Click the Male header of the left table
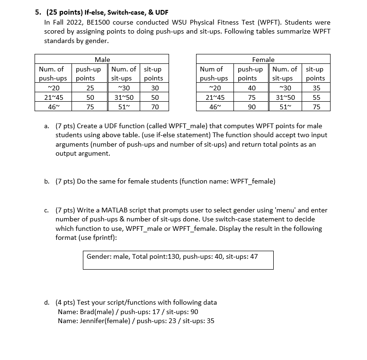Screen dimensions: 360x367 tap(102, 60)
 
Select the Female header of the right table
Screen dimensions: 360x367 tap(263, 60)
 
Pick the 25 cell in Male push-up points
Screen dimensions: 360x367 tap(90, 88)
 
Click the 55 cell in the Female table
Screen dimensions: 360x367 tap(316, 97)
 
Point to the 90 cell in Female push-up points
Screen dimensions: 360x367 tap(252, 107)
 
